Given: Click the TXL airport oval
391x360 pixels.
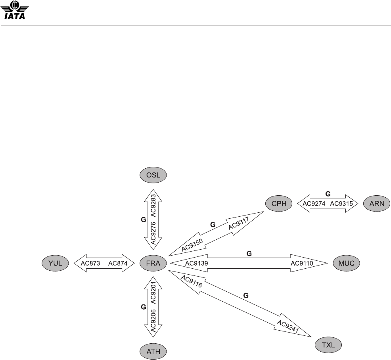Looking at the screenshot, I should (328, 344).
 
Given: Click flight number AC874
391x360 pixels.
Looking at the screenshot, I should (117, 263).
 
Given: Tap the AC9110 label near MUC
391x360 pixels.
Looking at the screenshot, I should (302, 263).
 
